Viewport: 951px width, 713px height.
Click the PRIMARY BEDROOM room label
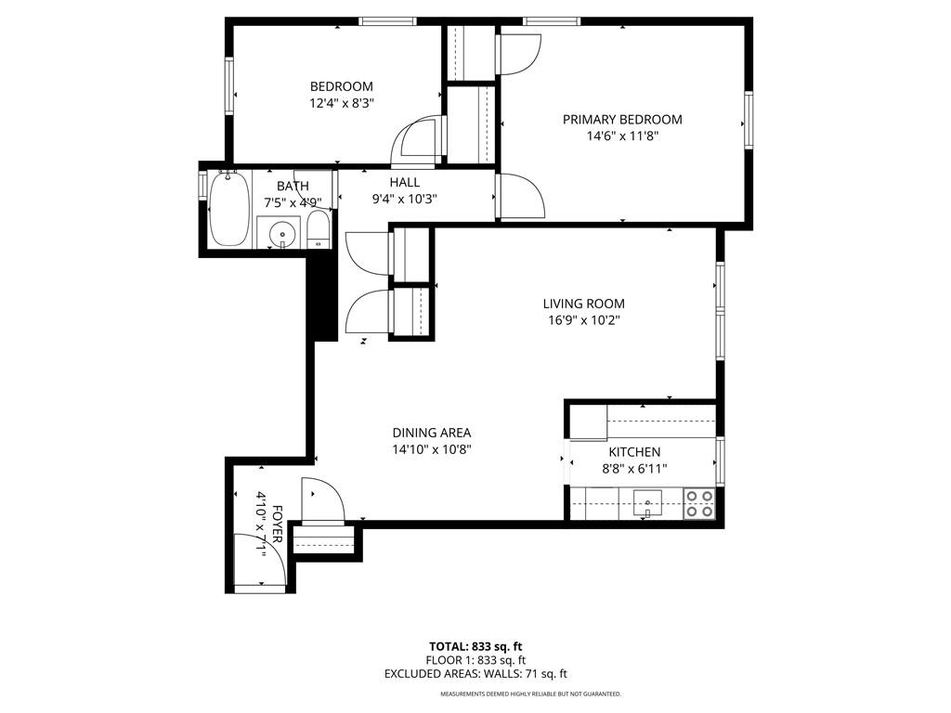point(622,120)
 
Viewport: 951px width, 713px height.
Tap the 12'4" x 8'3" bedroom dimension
point(342,104)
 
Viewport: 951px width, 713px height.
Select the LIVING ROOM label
point(583,304)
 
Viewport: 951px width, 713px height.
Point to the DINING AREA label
point(431,433)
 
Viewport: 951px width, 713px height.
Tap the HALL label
point(404,182)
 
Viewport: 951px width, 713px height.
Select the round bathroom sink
point(280,234)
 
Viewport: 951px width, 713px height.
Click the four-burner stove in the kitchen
point(699,503)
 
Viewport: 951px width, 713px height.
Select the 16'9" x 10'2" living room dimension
point(583,320)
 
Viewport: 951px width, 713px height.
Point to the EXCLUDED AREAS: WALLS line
point(475,674)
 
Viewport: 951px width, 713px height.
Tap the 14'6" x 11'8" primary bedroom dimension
point(622,136)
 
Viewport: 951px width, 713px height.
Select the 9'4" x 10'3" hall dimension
point(404,199)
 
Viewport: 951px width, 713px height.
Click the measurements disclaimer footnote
point(530,694)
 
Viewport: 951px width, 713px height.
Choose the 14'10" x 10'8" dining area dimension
point(431,449)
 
